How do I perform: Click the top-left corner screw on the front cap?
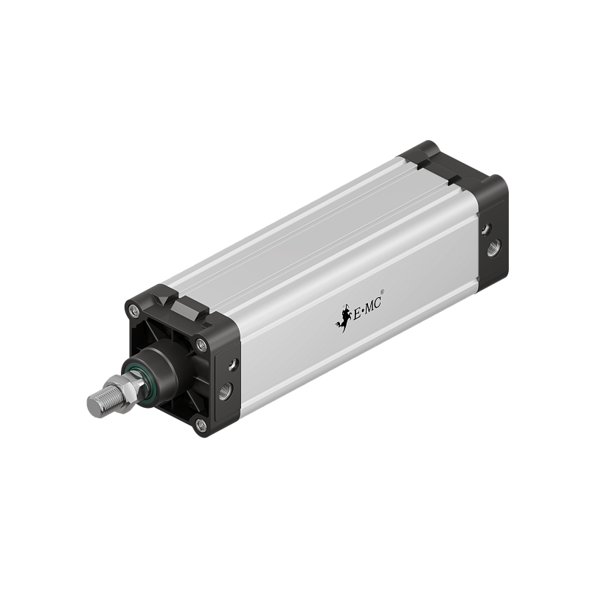[133, 310]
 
